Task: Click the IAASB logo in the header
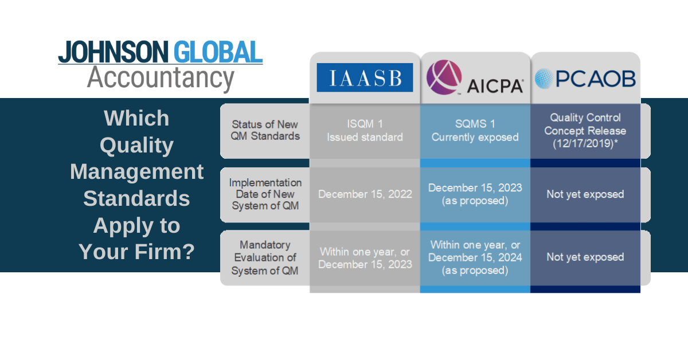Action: coord(365,77)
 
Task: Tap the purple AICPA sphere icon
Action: coord(444,77)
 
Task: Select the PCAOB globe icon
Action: coord(544,79)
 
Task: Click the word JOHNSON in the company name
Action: coord(114,52)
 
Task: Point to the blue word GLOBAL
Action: coord(218,52)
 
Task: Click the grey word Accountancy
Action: coord(161,79)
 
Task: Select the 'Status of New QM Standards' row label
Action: coord(265,130)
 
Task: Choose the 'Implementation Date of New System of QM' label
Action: coord(265,194)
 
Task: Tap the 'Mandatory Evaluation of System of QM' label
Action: coord(265,258)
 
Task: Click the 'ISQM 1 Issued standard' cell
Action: coord(365,131)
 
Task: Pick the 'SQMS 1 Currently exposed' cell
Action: coord(475,131)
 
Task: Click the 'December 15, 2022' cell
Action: coord(365,194)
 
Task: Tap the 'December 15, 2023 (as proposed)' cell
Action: coord(475,194)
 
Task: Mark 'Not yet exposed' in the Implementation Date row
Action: coord(585,194)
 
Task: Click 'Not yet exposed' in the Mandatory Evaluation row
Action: coord(585,257)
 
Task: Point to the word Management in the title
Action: coord(136,171)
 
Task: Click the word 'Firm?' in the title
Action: coord(165,252)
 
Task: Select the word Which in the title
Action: coord(136,118)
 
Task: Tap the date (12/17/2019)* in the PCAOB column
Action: coord(585,144)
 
